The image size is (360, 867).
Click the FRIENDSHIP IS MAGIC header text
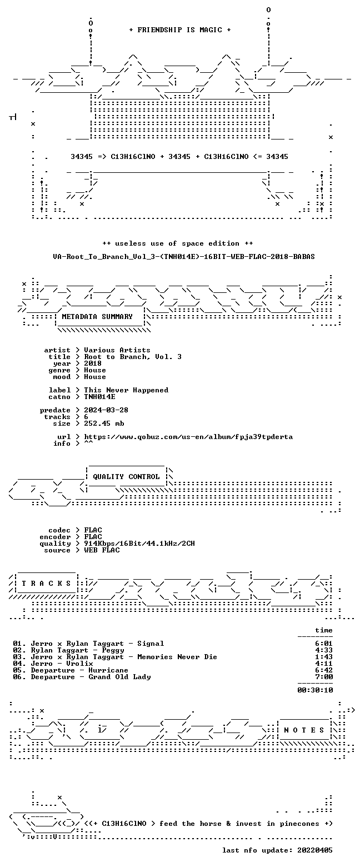click(x=180, y=30)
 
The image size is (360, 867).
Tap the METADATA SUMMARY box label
click(x=97, y=317)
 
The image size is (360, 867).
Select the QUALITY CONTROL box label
click(x=126, y=477)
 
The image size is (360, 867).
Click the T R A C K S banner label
click(x=47, y=584)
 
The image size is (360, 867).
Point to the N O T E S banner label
click(x=304, y=730)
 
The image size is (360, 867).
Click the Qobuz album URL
click(x=188, y=437)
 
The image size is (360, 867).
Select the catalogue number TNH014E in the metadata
click(x=99, y=397)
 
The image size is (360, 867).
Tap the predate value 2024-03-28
click(x=106, y=410)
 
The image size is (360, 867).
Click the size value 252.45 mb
click(x=104, y=423)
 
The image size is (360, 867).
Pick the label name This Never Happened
click(x=126, y=390)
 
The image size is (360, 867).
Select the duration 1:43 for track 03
click(x=324, y=657)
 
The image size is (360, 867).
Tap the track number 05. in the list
click(x=19, y=670)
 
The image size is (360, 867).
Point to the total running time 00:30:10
click(x=315, y=690)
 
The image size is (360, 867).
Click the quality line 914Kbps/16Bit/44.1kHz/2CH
click(x=139, y=544)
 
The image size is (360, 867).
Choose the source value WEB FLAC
click(x=102, y=550)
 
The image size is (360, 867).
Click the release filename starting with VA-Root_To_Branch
click(x=184, y=257)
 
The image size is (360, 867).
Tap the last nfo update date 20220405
click(x=315, y=850)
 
